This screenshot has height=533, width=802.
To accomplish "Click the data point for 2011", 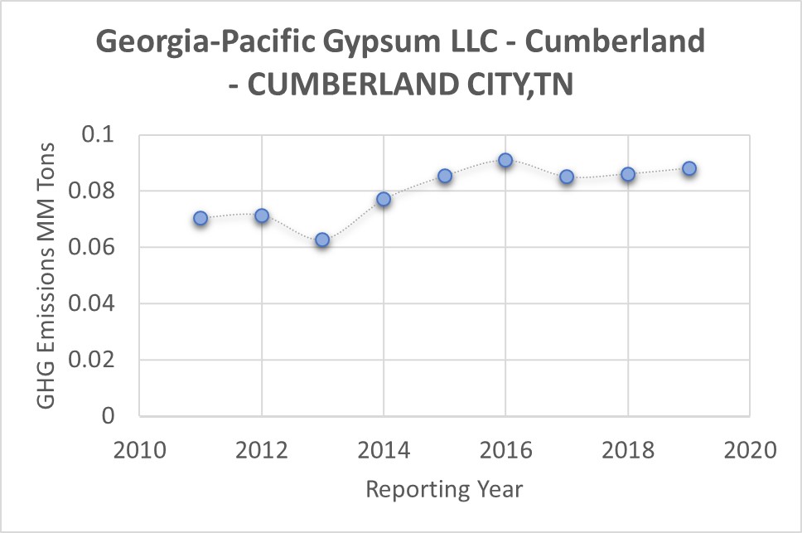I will (200, 218).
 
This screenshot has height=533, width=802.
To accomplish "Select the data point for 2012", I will (262, 216).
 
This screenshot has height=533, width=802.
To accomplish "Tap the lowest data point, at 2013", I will (322, 240).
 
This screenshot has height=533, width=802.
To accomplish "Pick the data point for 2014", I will (384, 199).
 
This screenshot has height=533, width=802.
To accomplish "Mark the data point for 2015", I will (445, 176).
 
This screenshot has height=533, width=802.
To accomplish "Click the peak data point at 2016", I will (505, 160).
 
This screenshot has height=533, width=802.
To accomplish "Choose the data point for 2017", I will (567, 177).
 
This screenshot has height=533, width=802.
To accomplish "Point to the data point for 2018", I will (628, 174).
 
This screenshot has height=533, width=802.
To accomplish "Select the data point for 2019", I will (689, 168).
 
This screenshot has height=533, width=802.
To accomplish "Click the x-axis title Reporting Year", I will (444, 489).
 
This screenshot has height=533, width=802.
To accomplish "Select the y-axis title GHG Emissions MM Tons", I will (48, 274).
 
